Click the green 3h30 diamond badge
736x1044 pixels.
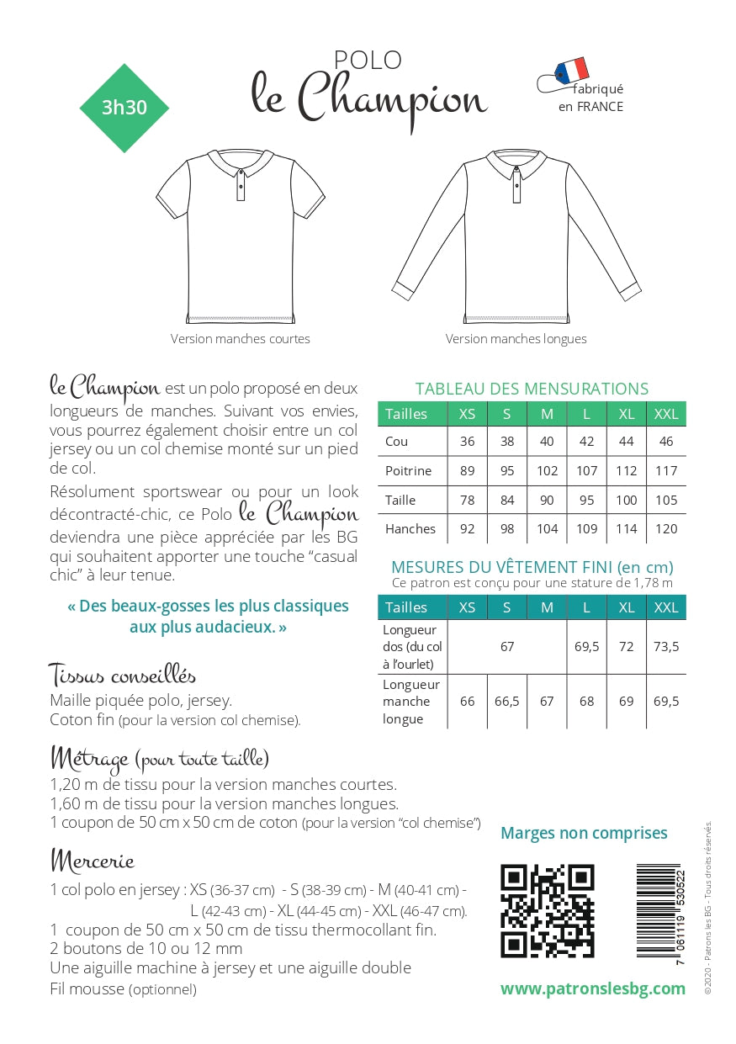(x=124, y=108)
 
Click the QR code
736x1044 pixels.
(x=547, y=911)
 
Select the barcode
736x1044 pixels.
(x=661, y=914)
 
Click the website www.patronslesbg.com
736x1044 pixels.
(x=592, y=988)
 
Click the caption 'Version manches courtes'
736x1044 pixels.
(x=241, y=339)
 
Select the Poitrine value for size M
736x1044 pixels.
(x=547, y=471)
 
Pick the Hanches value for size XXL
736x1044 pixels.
(x=666, y=529)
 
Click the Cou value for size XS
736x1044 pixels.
(x=468, y=442)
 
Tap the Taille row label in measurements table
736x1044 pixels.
(x=400, y=501)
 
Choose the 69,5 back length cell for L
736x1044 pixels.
(x=587, y=647)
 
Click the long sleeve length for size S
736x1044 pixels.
(x=507, y=702)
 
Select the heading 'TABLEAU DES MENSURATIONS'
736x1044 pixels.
(x=532, y=389)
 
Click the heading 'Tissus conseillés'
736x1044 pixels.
(x=123, y=675)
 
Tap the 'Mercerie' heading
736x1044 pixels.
(x=93, y=861)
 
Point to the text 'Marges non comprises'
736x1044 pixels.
(x=584, y=833)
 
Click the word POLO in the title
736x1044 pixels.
(x=368, y=60)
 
